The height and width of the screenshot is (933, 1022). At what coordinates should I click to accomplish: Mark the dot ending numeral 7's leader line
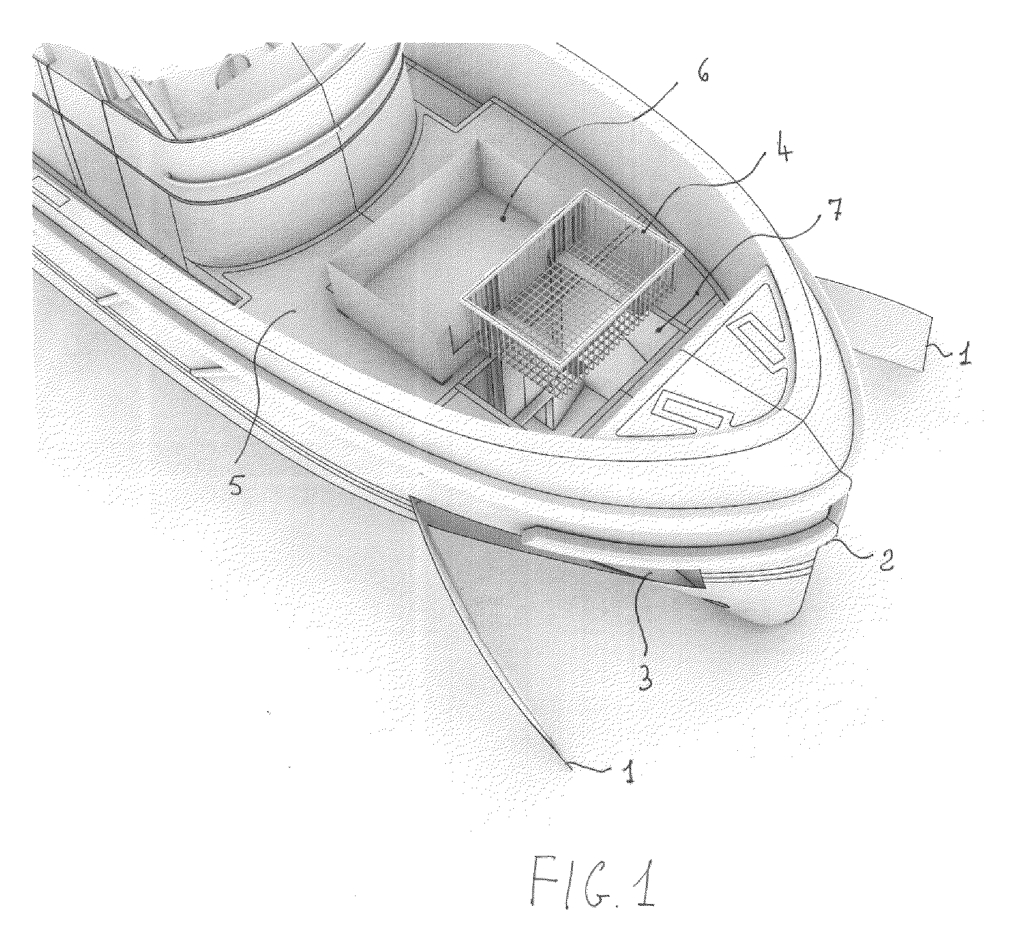pyautogui.click(x=658, y=329)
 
